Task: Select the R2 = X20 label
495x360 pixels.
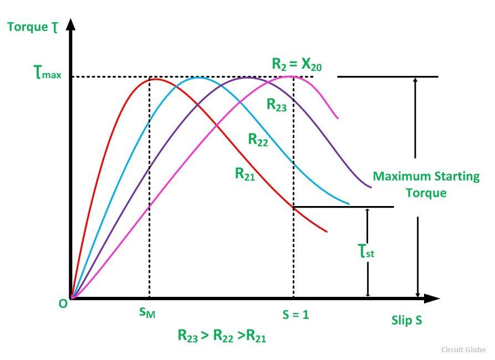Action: (x=297, y=64)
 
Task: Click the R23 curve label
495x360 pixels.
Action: (x=277, y=105)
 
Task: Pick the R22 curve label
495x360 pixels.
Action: (x=258, y=140)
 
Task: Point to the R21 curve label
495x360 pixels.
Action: (x=245, y=174)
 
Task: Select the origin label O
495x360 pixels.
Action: (x=63, y=304)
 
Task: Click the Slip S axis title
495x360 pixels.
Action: (x=407, y=320)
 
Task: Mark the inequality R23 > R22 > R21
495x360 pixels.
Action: (x=222, y=335)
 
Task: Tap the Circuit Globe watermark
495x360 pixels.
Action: (x=463, y=349)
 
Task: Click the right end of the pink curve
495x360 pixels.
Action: (x=338, y=118)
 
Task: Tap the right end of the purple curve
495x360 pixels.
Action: (x=371, y=187)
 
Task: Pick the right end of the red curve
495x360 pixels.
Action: (x=326, y=232)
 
